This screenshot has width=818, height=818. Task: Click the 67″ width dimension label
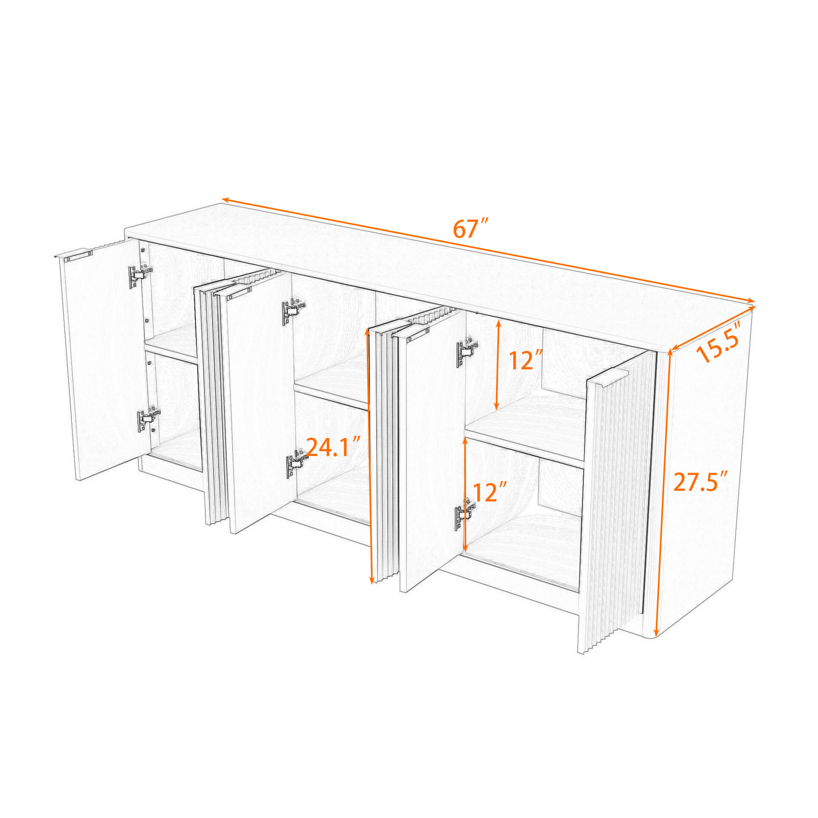(471, 229)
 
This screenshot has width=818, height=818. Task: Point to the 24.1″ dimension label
(334, 447)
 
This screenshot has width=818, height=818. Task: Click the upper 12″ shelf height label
(526, 360)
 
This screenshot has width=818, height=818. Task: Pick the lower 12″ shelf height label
(490, 492)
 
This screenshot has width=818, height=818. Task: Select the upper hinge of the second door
(293, 311)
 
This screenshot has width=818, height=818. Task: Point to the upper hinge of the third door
(468, 351)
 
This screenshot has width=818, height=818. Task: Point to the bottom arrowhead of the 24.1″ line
(372, 580)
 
